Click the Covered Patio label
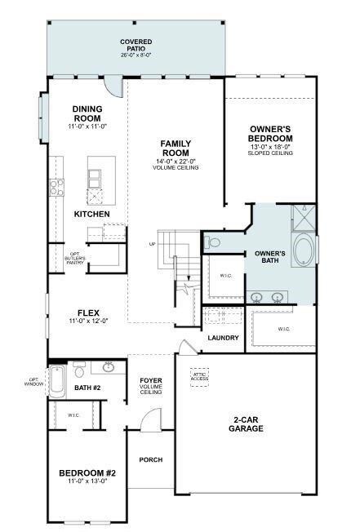pyautogui.click(x=136, y=45)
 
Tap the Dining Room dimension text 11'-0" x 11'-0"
pyautogui.click(x=87, y=126)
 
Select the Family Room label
pyautogui.click(x=176, y=148)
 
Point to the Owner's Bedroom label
pyautogui.click(x=270, y=134)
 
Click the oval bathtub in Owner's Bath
pyautogui.click(x=304, y=250)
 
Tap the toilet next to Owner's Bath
pyautogui.click(x=212, y=242)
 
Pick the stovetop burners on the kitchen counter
pyautogui.click(x=56, y=188)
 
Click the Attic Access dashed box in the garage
pyautogui.click(x=199, y=377)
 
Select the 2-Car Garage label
pyautogui.click(x=246, y=424)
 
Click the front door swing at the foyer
pyautogui.click(x=151, y=419)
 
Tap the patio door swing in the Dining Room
pyautogui.click(x=113, y=86)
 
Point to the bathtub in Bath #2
pyautogui.click(x=57, y=382)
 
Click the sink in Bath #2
pyautogui.click(x=109, y=366)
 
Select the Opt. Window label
pyautogui.click(x=34, y=382)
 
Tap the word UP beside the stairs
pyautogui.click(x=152, y=244)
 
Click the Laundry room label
pyautogui.click(x=223, y=338)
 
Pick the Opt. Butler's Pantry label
pyautogui.click(x=75, y=258)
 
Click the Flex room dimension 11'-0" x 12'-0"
pyautogui.click(x=88, y=321)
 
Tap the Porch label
pyautogui.click(x=151, y=459)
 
